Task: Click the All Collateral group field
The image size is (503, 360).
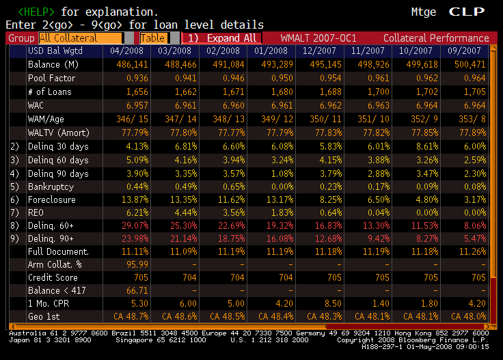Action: (x=81, y=38)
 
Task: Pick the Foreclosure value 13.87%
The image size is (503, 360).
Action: (x=133, y=199)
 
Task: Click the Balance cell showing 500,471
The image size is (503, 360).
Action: (x=470, y=64)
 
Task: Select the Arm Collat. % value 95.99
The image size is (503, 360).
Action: (x=137, y=264)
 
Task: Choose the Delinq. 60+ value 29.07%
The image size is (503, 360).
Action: (x=133, y=225)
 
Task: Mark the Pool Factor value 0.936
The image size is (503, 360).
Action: (x=137, y=78)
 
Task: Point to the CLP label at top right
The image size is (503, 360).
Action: (x=468, y=12)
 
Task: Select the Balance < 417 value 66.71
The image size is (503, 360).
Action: (x=137, y=290)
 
